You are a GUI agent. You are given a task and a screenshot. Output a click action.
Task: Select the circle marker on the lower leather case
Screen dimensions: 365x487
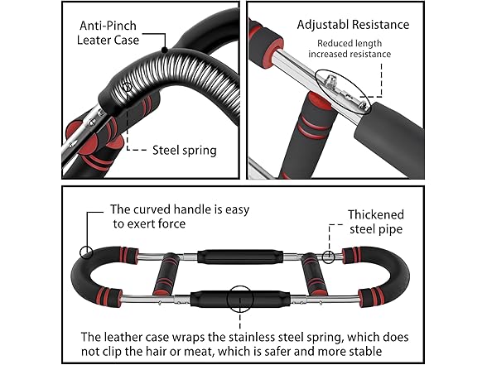tap(243, 295)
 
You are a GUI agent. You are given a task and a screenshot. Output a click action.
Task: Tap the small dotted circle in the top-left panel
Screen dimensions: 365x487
tap(127, 86)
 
